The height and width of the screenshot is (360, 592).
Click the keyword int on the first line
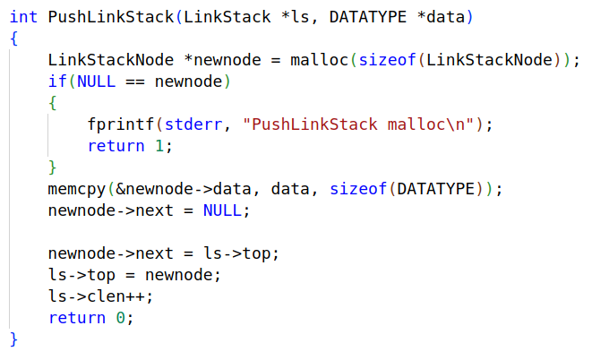click(23, 17)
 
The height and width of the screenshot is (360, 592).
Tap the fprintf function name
click(117, 124)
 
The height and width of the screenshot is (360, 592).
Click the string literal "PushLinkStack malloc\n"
click(362, 124)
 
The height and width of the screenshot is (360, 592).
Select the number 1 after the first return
click(166, 145)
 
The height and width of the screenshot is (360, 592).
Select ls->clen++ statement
click(101, 296)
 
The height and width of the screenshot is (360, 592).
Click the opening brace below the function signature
click(13, 39)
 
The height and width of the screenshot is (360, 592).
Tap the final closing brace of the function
click(13, 339)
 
